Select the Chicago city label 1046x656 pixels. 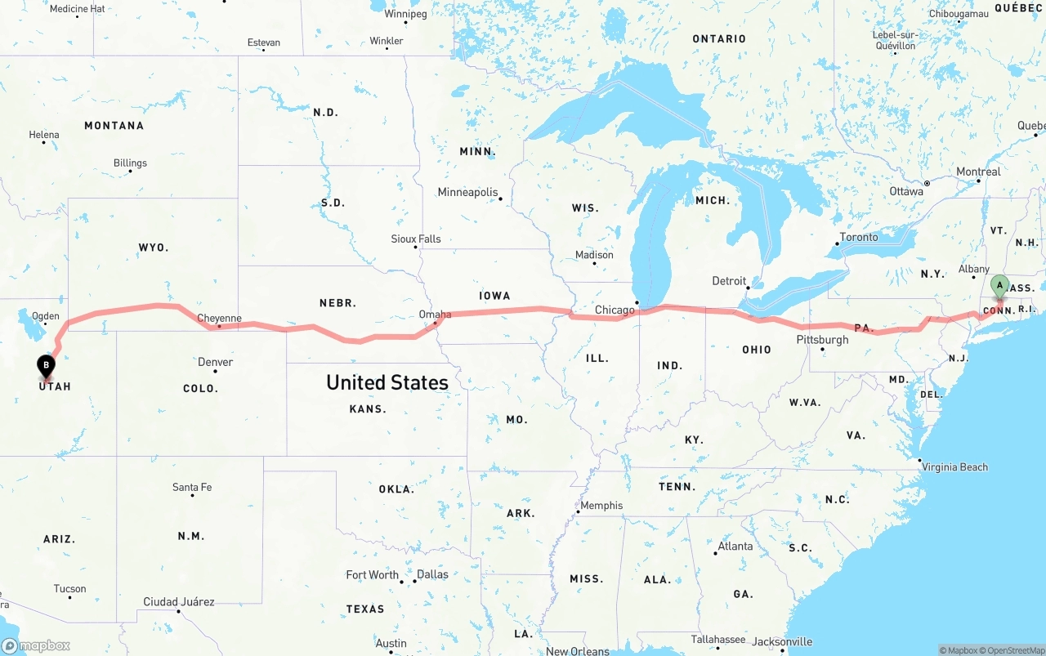pos(615,310)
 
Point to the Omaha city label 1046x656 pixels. pos(435,314)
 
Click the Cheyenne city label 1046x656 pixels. pos(219,318)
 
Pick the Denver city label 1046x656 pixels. pos(215,362)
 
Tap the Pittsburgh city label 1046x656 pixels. pos(823,340)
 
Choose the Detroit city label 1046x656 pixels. pos(729,281)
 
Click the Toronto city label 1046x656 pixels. pos(858,237)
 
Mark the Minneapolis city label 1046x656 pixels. pos(467,192)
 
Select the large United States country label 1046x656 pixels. pos(387,382)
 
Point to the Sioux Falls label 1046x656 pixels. pos(415,239)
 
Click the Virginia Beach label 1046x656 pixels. pos(954,467)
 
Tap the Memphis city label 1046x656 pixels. pos(601,506)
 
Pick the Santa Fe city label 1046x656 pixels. pos(192,487)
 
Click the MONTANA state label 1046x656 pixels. pos(114,126)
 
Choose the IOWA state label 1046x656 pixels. pos(494,296)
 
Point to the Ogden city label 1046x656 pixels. pos(45,316)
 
